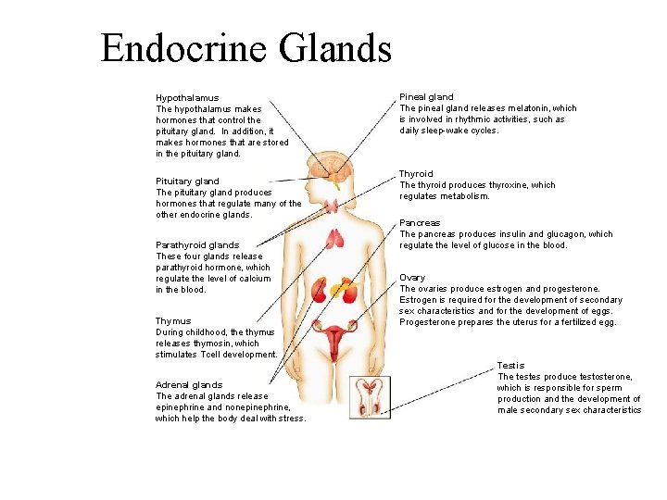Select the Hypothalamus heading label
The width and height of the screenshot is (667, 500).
(187, 98)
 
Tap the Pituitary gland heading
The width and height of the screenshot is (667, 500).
(187, 181)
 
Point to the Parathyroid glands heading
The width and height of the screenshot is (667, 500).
(197, 245)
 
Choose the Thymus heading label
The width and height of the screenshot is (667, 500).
(173, 321)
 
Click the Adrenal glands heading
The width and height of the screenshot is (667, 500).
(189, 385)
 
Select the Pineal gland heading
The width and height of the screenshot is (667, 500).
(426, 97)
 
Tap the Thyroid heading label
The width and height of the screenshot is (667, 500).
(416, 174)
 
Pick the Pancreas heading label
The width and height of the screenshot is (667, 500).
(420, 223)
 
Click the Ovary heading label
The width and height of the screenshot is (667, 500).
(412, 278)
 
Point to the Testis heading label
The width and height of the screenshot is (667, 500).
(510, 366)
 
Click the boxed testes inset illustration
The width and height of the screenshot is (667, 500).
(370, 396)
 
